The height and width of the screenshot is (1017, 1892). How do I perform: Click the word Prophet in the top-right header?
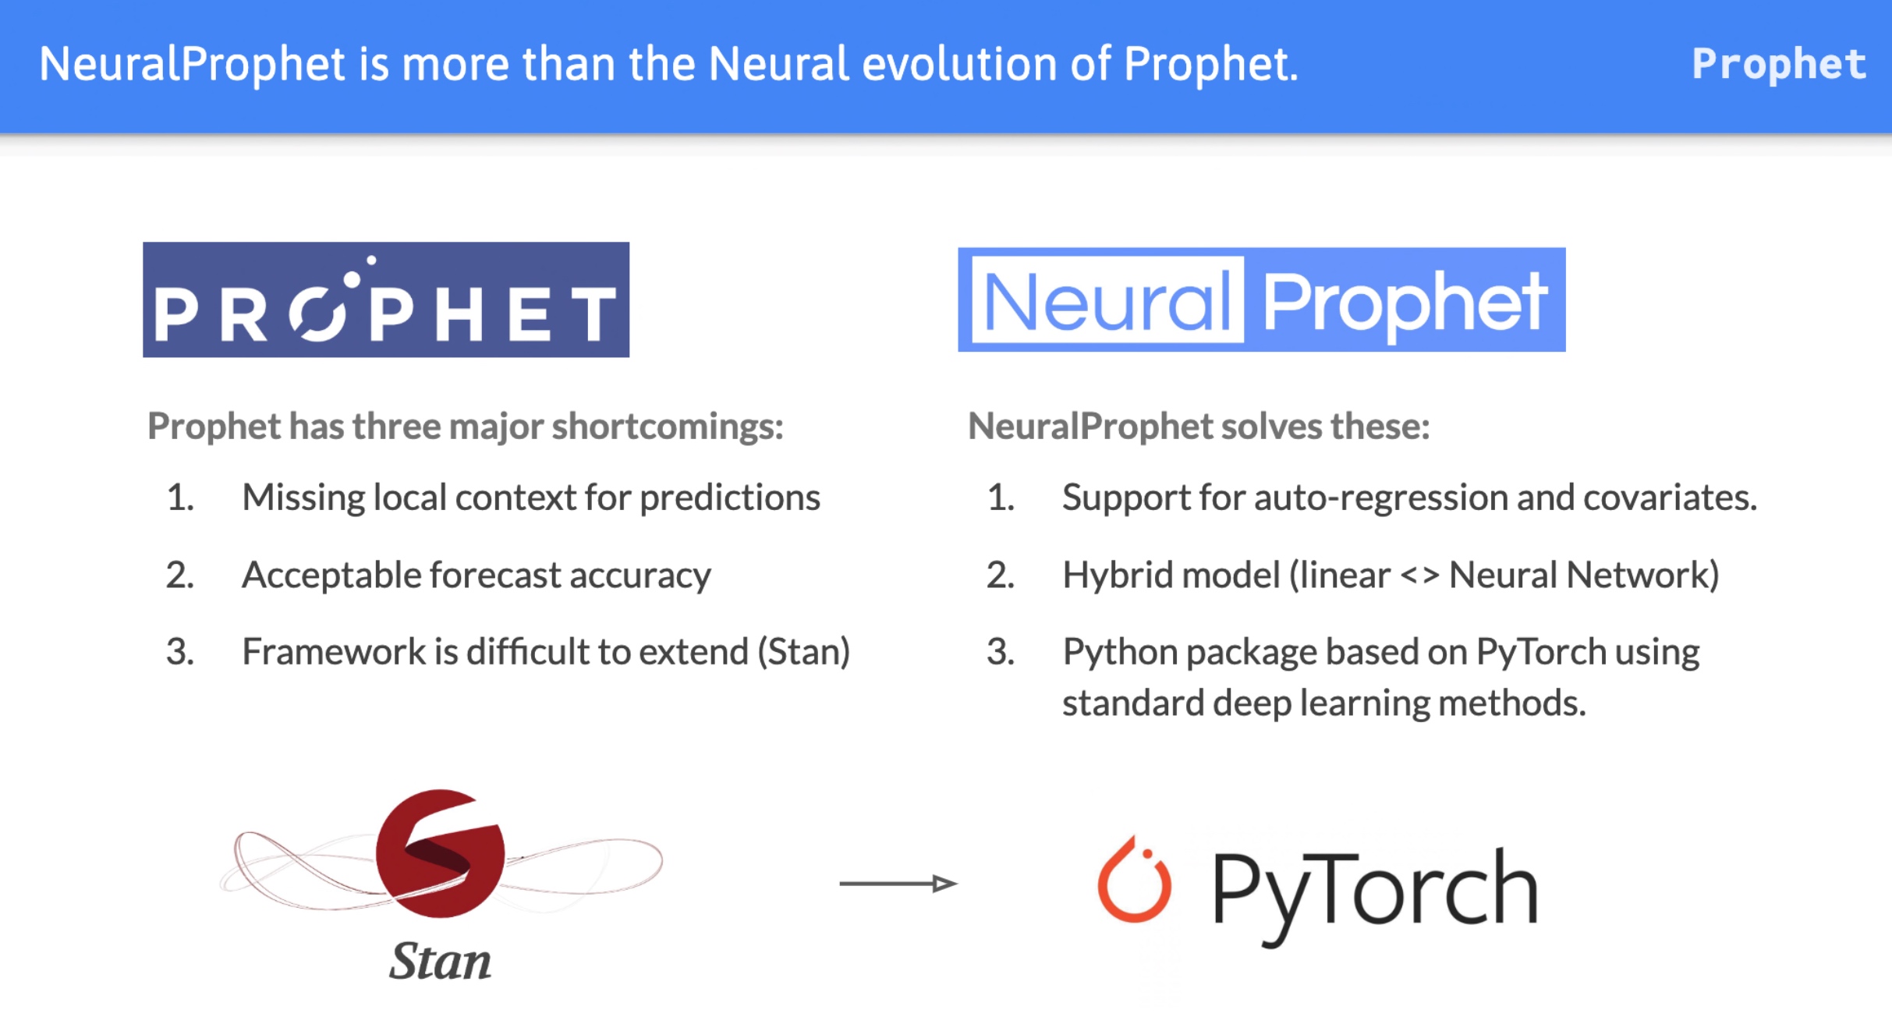coord(1778,64)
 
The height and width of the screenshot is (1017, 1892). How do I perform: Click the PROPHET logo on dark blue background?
coord(386,300)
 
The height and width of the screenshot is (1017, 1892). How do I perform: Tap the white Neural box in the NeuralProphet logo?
coord(1107,301)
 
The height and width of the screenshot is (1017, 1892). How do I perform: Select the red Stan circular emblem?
coord(440,853)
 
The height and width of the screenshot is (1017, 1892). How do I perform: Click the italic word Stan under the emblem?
coord(440,961)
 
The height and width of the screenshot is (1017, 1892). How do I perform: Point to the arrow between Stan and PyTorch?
coord(898,883)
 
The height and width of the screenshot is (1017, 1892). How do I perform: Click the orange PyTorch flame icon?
coord(1134,881)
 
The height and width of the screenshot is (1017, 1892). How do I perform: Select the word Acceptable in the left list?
coord(331,576)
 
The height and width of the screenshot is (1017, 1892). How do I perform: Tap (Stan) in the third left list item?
coord(803,652)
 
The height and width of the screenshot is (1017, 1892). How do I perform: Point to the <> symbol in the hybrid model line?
coord(1419,576)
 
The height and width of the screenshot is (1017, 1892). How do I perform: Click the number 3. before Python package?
coord(1001,652)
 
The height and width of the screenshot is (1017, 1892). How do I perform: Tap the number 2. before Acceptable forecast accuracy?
coord(180,576)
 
